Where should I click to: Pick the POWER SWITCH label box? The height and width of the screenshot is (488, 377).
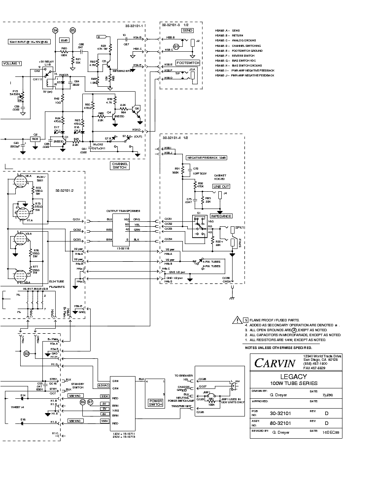pos(156,403)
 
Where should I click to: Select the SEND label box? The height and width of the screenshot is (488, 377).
pos(188,30)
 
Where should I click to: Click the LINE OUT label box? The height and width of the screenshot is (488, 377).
pos(221,187)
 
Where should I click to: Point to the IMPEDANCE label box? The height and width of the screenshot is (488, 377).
pos(221,216)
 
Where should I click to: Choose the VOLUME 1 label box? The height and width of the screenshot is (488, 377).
pos(12,64)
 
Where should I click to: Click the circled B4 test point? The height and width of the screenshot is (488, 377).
pos(55,30)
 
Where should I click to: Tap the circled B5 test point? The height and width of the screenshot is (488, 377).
pos(73,30)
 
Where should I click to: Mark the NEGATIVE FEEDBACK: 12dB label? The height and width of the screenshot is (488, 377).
pos(206,157)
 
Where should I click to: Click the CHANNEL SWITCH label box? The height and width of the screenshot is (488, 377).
pos(120,166)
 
